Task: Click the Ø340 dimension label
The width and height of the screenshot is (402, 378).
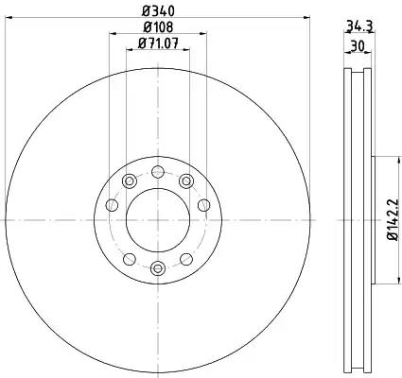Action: [x=158, y=11]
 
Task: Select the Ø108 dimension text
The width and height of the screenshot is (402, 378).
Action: [x=158, y=27]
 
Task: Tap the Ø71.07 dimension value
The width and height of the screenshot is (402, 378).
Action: [x=158, y=43]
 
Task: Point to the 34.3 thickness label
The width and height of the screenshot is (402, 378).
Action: [x=359, y=26]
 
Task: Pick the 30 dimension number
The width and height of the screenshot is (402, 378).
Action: [x=358, y=46]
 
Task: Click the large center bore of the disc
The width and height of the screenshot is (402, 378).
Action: [x=158, y=220]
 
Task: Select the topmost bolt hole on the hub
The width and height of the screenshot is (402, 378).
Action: [x=158, y=172]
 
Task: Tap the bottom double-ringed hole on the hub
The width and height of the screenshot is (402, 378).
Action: [x=158, y=268]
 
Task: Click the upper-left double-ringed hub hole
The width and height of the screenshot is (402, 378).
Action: [x=129, y=181]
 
